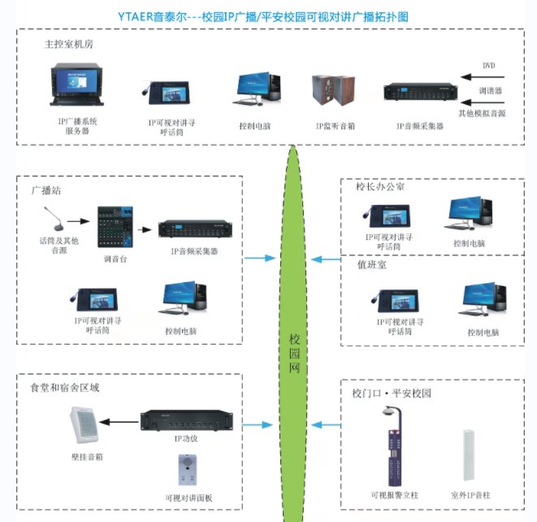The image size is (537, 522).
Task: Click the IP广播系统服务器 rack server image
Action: point(77,89)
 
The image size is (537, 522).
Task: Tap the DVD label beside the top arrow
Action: point(488,65)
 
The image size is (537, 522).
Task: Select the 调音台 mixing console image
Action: point(119,228)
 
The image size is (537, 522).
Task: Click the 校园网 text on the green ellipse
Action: point(295,354)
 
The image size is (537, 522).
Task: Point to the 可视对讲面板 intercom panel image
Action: point(188,472)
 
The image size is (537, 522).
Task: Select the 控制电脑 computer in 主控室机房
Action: point(259,91)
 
